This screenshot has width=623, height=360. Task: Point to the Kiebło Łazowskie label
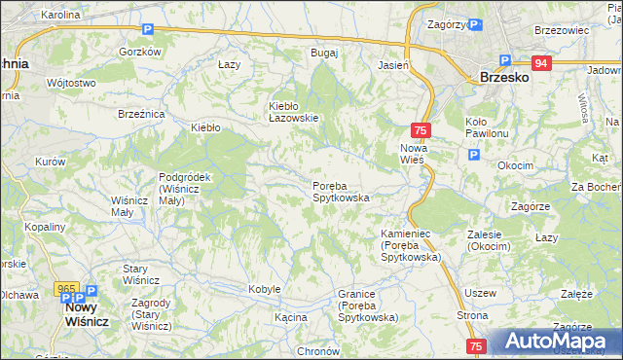point(294,112)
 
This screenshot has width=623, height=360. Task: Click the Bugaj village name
point(323,53)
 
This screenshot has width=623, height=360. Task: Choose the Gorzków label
point(138,52)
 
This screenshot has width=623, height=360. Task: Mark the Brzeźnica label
point(141,114)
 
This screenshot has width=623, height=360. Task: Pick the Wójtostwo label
point(70,83)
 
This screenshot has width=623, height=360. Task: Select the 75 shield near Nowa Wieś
point(421,129)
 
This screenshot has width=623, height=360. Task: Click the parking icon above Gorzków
point(147,30)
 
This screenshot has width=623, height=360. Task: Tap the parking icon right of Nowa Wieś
point(473,155)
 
